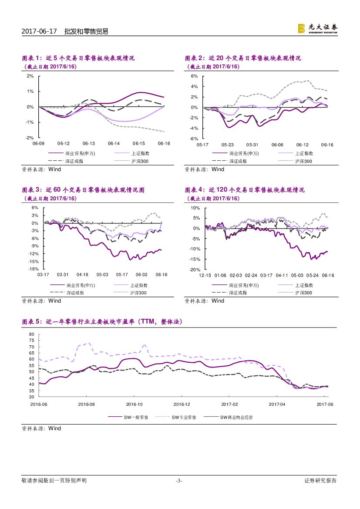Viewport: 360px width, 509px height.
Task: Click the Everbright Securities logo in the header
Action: (317, 28)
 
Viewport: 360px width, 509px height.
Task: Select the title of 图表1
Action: (78, 58)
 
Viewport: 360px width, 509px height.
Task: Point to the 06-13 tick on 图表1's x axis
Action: (89, 143)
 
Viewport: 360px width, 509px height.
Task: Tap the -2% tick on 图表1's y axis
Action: (30, 138)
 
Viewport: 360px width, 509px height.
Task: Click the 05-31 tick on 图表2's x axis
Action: (252, 145)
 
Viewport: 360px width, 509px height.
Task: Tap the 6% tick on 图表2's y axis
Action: (195, 76)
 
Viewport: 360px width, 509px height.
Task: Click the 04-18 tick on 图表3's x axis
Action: (82, 275)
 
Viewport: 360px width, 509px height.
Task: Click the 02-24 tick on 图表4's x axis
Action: (251, 276)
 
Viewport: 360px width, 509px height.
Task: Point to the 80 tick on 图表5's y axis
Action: (31, 334)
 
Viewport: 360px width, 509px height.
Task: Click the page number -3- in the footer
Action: (179, 481)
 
